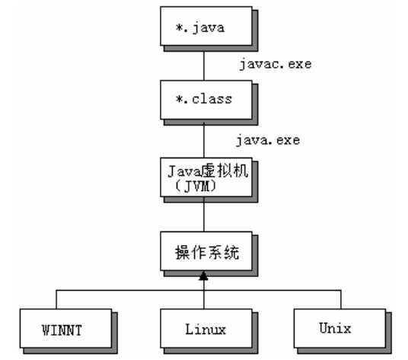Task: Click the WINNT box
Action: coord(68,328)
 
